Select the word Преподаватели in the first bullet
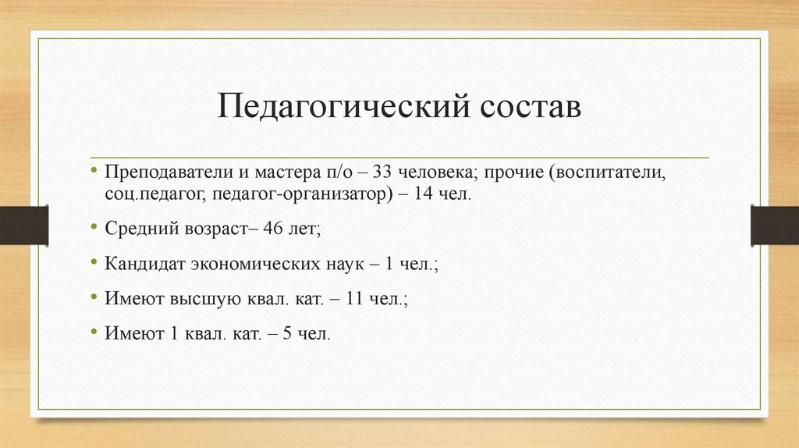point(158,172)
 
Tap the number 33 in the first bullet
point(385,172)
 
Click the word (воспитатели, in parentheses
point(608,172)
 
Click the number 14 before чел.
point(423,192)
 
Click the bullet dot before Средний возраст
point(94,227)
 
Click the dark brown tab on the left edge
point(23,225)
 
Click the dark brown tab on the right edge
point(774,225)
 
